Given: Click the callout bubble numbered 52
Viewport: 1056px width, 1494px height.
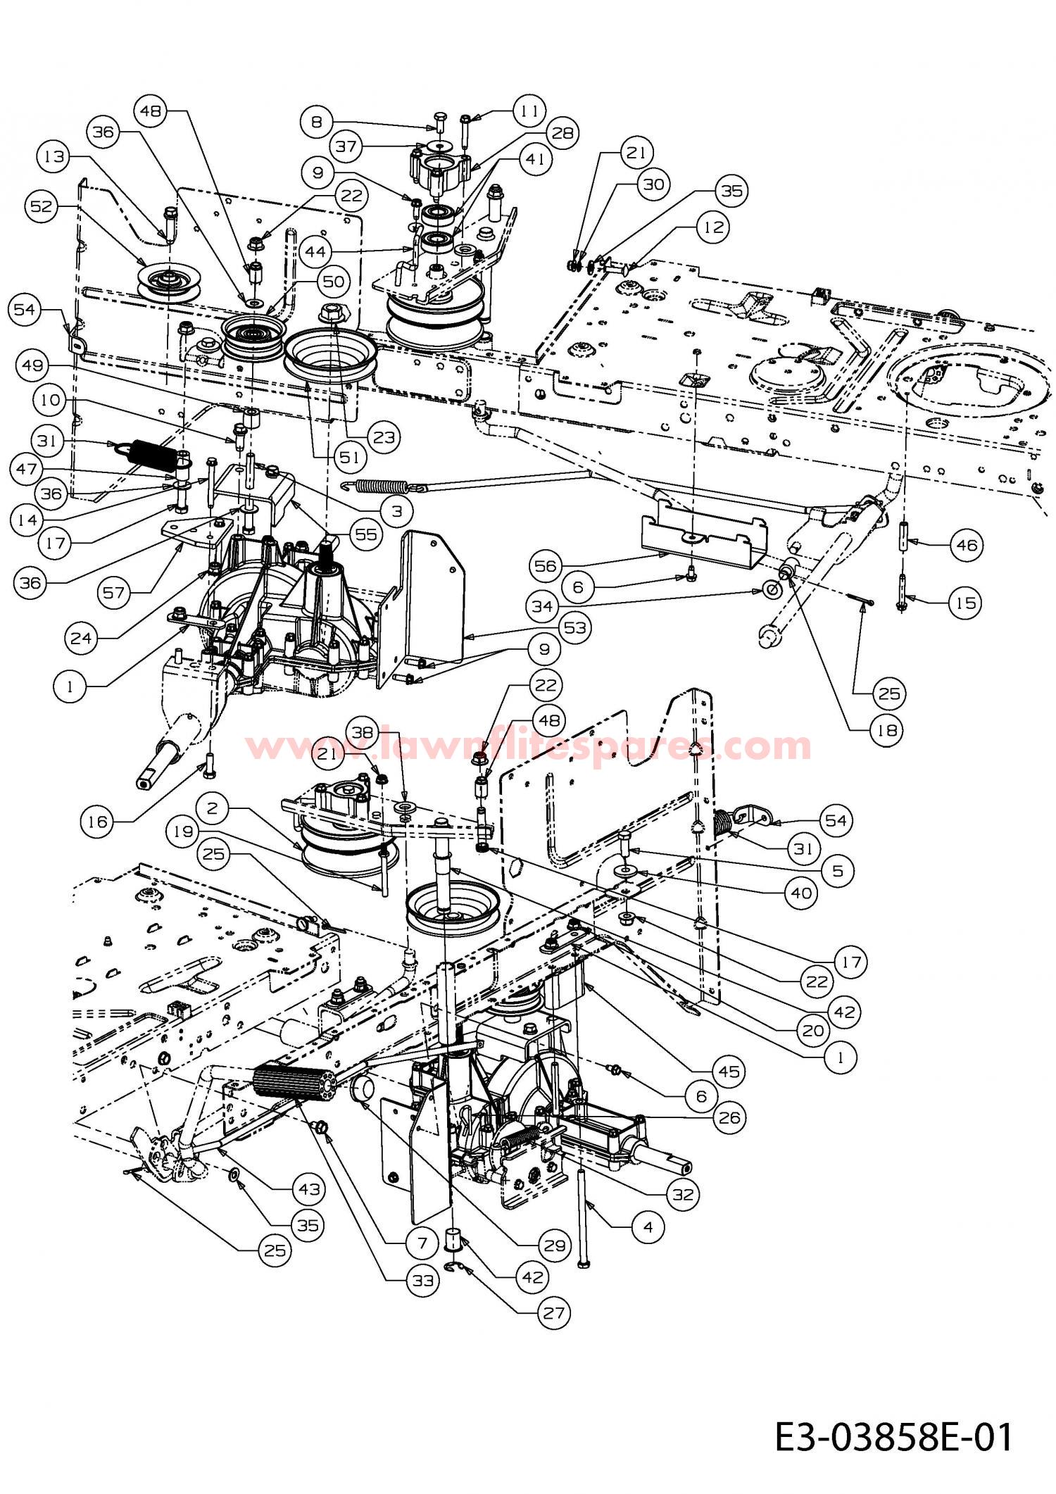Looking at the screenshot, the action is tap(44, 206).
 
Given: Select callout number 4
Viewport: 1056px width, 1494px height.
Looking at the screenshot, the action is tap(648, 1227).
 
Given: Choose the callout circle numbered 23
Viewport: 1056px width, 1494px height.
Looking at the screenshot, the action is tap(384, 437).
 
